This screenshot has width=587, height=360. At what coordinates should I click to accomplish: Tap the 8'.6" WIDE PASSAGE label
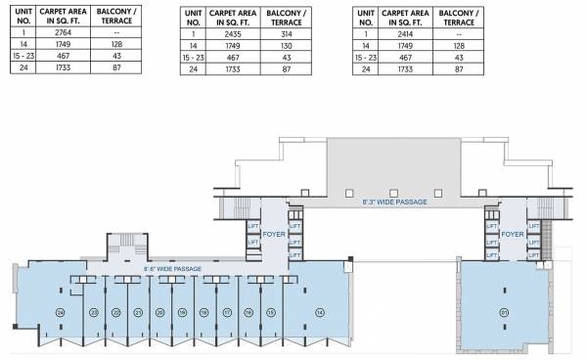(x=172, y=267)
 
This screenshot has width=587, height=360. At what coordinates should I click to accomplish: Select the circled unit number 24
(x=61, y=312)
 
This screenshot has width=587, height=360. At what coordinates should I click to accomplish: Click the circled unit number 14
(x=319, y=312)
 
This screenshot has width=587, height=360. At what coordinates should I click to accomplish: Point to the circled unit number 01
(x=506, y=312)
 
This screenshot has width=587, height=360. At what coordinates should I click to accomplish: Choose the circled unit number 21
(x=138, y=312)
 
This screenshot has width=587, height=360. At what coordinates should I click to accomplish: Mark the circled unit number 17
(x=226, y=312)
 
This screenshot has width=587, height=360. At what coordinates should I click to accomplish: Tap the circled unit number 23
(x=94, y=312)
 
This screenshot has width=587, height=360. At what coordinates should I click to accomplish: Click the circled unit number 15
(x=270, y=312)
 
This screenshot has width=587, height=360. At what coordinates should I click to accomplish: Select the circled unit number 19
(x=182, y=312)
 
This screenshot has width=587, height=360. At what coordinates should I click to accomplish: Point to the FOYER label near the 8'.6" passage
(x=273, y=235)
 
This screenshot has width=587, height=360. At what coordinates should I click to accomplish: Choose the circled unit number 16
(x=248, y=312)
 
